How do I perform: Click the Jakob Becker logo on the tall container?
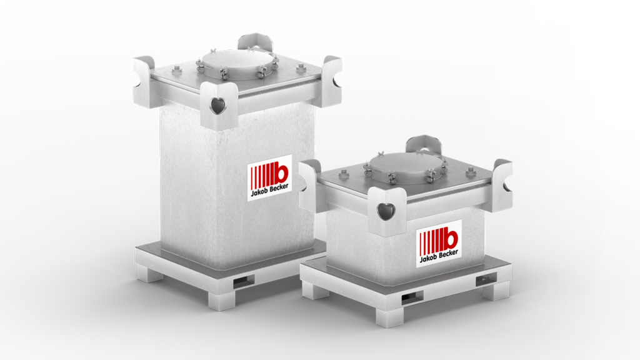[x=269, y=177]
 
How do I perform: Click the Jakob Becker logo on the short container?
[x=439, y=244]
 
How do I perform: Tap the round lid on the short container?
[x=404, y=166]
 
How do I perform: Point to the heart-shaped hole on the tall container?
[x=217, y=106]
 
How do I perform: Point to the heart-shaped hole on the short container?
[x=386, y=211]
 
